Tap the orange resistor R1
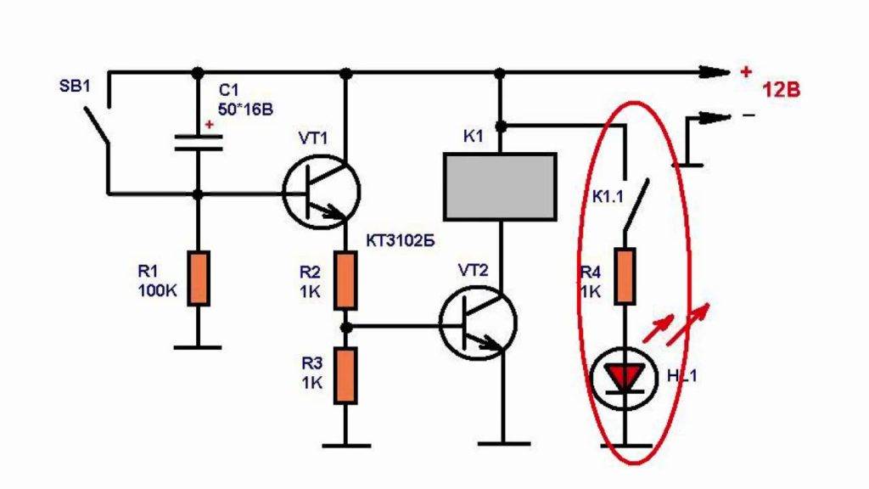pos(198,278)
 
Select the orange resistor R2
pos(345,281)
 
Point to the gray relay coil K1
pos(501,185)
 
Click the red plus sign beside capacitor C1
pos(209,126)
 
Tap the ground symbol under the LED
pos(625,443)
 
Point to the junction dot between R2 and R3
pos(345,324)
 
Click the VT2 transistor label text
pos(474,271)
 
